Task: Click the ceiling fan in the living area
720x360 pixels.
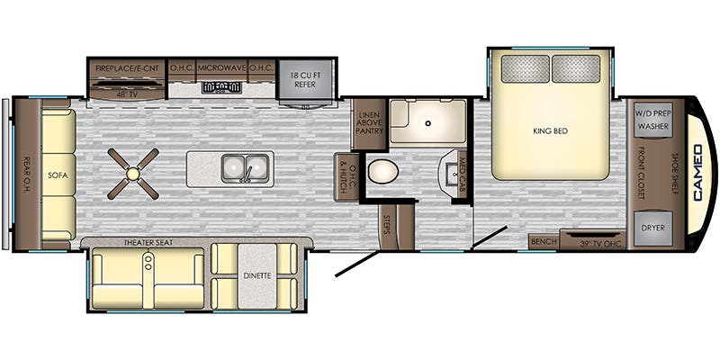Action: click(133, 174)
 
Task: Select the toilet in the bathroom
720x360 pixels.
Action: click(383, 171)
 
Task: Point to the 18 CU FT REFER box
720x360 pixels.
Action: click(305, 79)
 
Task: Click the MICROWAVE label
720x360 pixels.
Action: click(222, 68)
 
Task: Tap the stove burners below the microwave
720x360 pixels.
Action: click(221, 86)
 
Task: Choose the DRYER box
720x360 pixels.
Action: click(653, 228)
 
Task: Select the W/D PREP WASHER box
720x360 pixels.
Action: click(653, 120)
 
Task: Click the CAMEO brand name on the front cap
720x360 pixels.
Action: click(698, 173)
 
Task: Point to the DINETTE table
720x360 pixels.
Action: click(257, 275)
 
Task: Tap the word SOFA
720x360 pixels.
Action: click(58, 175)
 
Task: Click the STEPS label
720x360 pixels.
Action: click(386, 226)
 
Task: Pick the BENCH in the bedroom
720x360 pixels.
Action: click(544, 241)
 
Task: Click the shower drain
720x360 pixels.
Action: click(428, 123)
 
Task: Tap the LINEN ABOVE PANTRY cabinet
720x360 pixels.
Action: click(370, 124)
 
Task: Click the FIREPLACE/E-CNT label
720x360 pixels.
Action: click(127, 68)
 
